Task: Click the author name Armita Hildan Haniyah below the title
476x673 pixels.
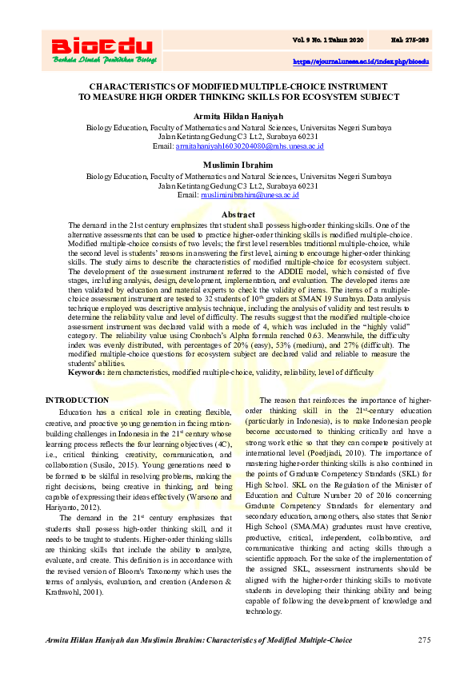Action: coord(238,117)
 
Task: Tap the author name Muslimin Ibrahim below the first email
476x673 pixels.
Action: coord(238,164)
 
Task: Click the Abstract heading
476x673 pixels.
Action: coord(238,215)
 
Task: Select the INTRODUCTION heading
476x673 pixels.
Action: coord(77,400)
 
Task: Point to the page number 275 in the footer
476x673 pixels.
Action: coord(425,641)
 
